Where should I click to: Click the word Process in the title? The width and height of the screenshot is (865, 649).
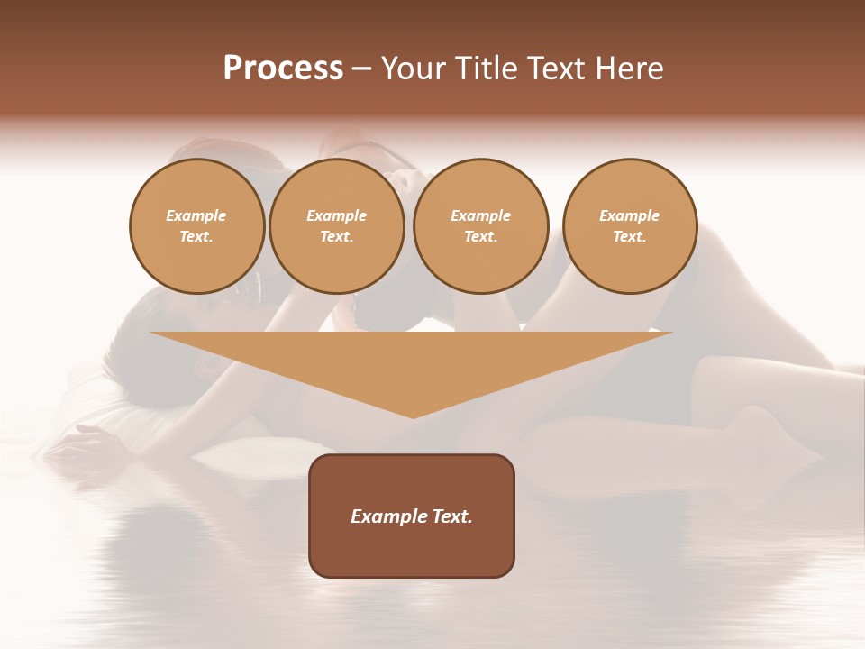(x=283, y=69)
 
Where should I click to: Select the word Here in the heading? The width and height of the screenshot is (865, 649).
(x=629, y=69)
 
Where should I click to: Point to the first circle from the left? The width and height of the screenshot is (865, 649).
(x=196, y=226)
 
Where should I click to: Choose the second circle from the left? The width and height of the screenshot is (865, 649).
(x=337, y=226)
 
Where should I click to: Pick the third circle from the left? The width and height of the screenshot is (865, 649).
(x=480, y=226)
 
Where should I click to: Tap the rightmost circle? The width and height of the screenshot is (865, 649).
(x=630, y=226)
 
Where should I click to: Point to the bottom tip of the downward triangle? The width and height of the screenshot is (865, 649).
(x=413, y=417)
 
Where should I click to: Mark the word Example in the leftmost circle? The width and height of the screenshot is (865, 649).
(x=196, y=215)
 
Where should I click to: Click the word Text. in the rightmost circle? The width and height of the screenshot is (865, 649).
(x=630, y=237)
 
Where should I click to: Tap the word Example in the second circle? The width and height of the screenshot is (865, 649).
(x=337, y=215)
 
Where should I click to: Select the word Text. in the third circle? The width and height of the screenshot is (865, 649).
(x=480, y=237)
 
